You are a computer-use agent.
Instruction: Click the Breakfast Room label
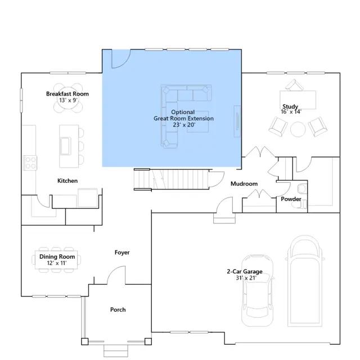tap(67, 94)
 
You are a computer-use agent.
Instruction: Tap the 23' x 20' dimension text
tap(184, 125)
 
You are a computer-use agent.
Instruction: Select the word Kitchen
tap(67, 181)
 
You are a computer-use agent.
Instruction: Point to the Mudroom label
tap(244, 184)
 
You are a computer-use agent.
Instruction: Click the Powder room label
tap(291, 199)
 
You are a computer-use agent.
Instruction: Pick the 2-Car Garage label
tap(245, 272)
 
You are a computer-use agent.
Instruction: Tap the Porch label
tap(118, 310)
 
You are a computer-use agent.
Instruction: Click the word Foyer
tap(122, 253)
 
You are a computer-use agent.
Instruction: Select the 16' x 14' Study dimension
tap(291, 112)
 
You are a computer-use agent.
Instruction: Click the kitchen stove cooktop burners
tap(30, 163)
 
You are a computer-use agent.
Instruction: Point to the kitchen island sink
tap(65, 146)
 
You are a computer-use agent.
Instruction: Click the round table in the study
tap(298, 129)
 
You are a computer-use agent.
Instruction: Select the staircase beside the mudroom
tap(171, 179)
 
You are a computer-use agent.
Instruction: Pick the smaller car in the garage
tap(258, 290)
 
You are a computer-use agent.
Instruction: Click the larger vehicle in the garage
tap(305, 281)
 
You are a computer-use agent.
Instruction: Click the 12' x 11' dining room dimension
tap(57, 263)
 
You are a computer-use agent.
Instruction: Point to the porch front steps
tap(116, 351)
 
